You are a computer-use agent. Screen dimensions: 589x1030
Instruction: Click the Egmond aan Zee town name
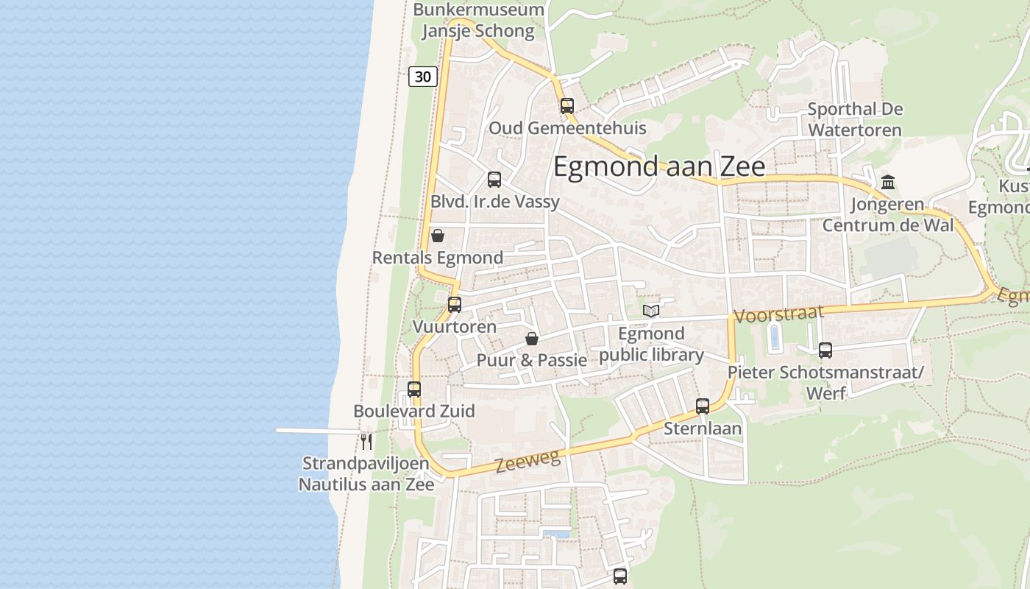pos(658,166)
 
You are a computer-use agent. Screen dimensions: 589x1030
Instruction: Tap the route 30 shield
pos(423,76)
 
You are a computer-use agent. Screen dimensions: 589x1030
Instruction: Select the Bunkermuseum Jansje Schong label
pos(478,21)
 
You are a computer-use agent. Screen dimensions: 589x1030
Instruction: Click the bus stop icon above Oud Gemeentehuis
pos(566,105)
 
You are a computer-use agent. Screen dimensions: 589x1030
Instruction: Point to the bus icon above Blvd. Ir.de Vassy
pos(494,179)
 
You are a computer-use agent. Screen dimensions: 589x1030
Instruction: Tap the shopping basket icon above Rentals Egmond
pos(438,236)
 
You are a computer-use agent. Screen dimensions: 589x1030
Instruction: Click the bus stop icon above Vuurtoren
pos(455,304)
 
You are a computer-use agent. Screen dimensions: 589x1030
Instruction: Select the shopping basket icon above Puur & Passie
pos(531,339)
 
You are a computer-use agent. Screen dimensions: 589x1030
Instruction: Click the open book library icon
pos(651,311)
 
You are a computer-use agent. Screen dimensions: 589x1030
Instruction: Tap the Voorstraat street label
pos(778,314)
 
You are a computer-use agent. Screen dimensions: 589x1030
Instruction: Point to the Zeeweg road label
pos(528,461)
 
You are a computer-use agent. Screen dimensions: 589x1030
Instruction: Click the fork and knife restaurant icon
pos(366,441)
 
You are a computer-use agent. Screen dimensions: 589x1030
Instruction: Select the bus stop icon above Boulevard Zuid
pos(414,389)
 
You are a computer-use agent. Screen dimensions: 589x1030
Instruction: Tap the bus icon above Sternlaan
pos(703,406)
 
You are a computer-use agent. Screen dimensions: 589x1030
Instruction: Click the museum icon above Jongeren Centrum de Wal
pos(888,182)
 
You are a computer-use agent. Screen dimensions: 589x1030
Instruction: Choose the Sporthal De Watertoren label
pos(855,119)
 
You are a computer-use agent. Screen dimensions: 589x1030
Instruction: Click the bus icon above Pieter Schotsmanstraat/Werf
pos(825,350)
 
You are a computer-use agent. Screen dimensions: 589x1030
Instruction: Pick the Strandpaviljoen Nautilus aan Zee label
pos(366,474)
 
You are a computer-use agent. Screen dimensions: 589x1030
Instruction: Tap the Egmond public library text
pos(651,345)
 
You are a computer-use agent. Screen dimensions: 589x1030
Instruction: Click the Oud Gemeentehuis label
pos(567,128)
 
